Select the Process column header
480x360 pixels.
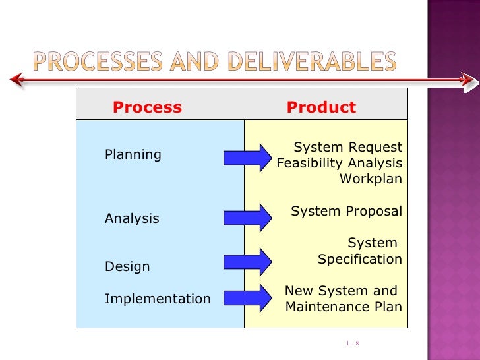tap(147, 107)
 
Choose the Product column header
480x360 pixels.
tap(321, 107)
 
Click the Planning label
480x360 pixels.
tap(133, 154)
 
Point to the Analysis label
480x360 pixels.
tap(132, 218)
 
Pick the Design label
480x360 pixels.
tap(127, 267)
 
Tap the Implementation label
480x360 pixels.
tap(158, 299)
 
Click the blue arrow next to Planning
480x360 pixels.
tap(247, 157)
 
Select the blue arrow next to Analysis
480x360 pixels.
tap(247, 218)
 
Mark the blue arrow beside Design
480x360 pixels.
tap(247, 262)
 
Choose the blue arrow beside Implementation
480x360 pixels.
tap(247, 297)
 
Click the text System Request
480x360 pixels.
tap(347, 146)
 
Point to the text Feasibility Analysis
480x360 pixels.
tap(340, 163)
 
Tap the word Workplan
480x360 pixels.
tap(371, 179)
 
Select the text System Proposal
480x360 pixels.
tap(346, 211)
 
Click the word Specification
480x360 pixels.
tap(360, 260)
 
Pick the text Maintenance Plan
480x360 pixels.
tap(344, 307)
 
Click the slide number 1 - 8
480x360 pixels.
tap(351, 344)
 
